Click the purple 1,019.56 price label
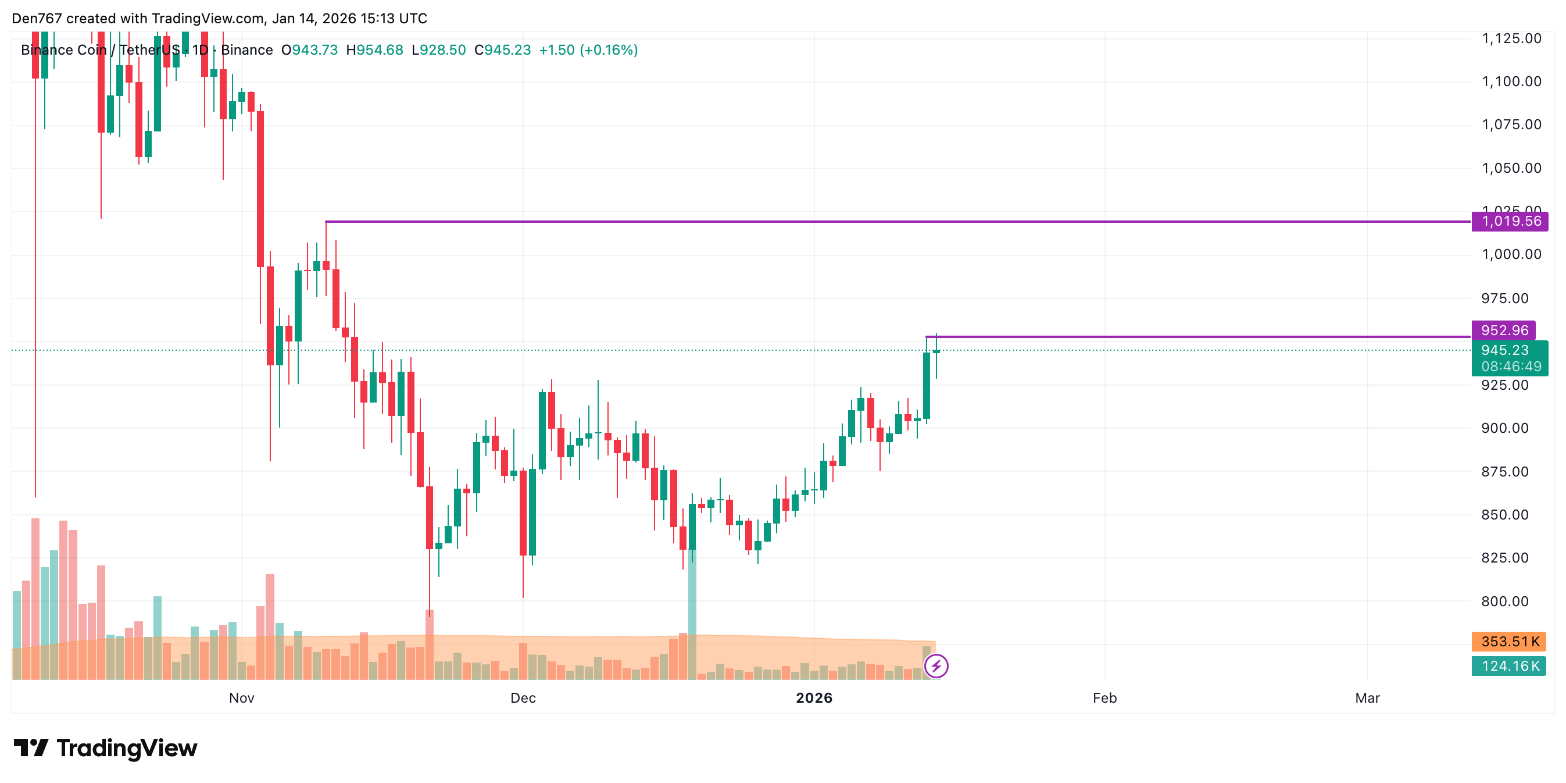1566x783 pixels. point(1510,222)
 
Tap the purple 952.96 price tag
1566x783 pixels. point(1503,330)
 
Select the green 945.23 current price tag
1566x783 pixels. point(1504,350)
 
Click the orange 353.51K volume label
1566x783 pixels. point(1510,642)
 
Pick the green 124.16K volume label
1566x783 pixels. point(1510,666)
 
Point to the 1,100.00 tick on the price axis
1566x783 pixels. point(1511,81)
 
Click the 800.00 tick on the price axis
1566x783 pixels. point(1504,602)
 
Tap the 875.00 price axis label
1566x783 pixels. point(1504,472)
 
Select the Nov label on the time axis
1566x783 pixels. point(241,699)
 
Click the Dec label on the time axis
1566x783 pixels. point(523,699)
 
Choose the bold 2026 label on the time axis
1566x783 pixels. point(814,699)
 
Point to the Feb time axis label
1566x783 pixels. point(1104,699)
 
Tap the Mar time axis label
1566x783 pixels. point(1367,699)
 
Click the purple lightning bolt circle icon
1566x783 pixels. point(936,666)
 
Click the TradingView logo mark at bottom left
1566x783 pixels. point(31,748)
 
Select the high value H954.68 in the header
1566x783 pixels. point(374,50)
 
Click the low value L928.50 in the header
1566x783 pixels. point(438,50)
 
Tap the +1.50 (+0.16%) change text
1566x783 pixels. point(588,50)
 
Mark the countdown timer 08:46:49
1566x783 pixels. point(1511,367)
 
